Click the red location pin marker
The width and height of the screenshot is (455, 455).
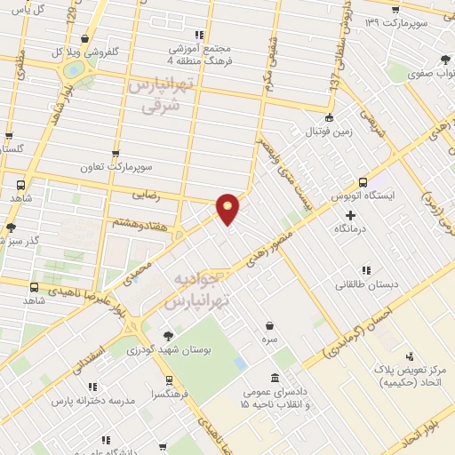228,208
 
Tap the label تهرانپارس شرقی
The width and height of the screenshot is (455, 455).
161,95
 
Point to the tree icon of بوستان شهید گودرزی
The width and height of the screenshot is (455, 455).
168,336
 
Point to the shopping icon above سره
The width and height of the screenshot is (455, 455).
268,326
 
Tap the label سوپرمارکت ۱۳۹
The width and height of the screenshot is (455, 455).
411,20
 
